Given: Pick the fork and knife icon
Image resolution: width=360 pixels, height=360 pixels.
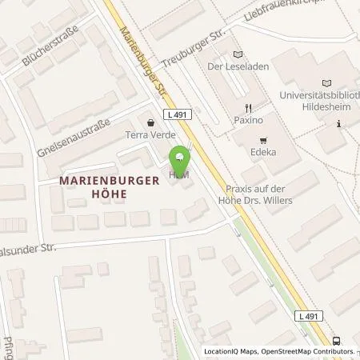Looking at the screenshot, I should tap(250, 107).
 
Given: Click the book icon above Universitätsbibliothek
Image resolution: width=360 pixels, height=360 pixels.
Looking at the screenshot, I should tap(326, 83).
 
